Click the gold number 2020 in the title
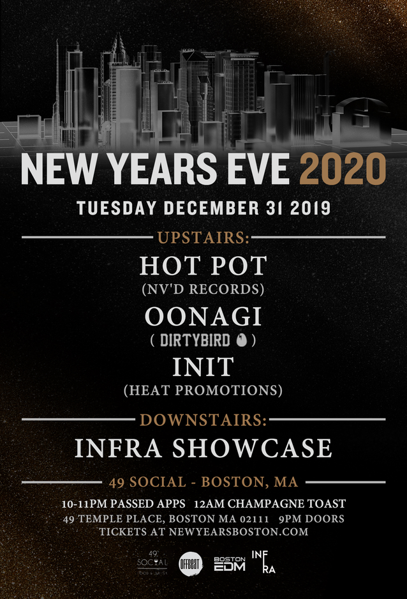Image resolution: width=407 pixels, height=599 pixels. pyautogui.click(x=343, y=169)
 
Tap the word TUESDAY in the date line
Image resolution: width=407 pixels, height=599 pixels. pyautogui.click(x=117, y=208)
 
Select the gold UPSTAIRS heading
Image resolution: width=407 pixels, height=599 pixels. pyautogui.click(x=204, y=238)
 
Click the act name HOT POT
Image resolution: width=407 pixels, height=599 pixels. pyautogui.click(x=203, y=266)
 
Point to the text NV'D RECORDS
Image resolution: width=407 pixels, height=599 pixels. pyautogui.click(x=203, y=289)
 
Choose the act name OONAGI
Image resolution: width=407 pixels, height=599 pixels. pyautogui.click(x=204, y=316)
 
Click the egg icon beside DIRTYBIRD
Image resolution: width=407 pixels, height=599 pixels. pyautogui.click(x=241, y=340)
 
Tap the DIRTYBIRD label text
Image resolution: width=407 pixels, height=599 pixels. pyautogui.click(x=195, y=340)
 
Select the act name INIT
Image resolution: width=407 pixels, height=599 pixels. pyautogui.click(x=203, y=367)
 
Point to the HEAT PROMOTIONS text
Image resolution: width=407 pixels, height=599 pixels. pyautogui.click(x=203, y=390)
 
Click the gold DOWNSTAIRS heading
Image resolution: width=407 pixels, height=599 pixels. pyautogui.click(x=203, y=420)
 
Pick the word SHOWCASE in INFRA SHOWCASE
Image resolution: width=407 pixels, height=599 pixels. pyautogui.click(x=252, y=448)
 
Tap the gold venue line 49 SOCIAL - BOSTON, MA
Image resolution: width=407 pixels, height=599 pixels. pyautogui.click(x=204, y=482)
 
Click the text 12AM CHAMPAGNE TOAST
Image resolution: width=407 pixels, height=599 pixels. pyautogui.click(x=270, y=504)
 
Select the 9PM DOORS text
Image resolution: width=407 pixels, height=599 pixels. pyautogui.click(x=311, y=519)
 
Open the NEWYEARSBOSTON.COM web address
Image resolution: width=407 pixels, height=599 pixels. pyautogui.click(x=239, y=532)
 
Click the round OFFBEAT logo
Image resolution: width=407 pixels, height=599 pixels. pyautogui.click(x=191, y=564)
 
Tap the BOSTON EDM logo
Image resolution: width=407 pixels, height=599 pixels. pyautogui.click(x=229, y=564)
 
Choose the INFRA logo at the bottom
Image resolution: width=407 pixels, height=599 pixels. pyautogui.click(x=263, y=561)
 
